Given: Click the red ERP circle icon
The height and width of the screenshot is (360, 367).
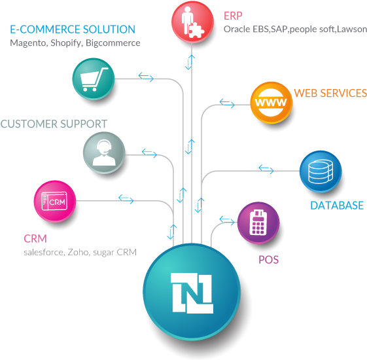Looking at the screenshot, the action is (192, 22).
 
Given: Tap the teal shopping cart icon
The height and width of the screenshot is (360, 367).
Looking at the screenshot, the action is (94, 79).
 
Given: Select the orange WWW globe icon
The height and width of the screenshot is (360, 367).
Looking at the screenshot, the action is (271, 103).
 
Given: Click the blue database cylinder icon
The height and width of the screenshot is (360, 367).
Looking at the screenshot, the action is (321, 171).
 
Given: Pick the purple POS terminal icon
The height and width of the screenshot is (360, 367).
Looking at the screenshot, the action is (258, 223).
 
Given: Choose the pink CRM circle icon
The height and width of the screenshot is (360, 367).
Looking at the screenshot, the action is (55, 201).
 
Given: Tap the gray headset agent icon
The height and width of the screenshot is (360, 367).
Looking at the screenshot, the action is (104, 153).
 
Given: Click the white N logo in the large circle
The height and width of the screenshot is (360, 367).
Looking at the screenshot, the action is (192, 293).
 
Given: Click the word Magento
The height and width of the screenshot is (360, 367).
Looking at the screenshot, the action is (29, 43).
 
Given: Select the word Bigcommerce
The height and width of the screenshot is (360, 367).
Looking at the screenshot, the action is (113, 43).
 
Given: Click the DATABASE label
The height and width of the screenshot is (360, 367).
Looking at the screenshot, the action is (337, 206).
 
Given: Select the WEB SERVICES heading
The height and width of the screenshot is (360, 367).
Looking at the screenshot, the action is (330, 93).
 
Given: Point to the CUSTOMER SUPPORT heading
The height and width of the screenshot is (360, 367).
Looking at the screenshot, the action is (54, 124).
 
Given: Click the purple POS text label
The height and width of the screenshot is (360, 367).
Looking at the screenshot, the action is (268, 260).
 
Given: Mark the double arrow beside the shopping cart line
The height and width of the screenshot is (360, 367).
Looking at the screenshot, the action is (146, 77).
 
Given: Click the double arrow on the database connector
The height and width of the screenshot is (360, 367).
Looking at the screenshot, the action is (266, 169).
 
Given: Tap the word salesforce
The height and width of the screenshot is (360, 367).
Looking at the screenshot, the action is (44, 252).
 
